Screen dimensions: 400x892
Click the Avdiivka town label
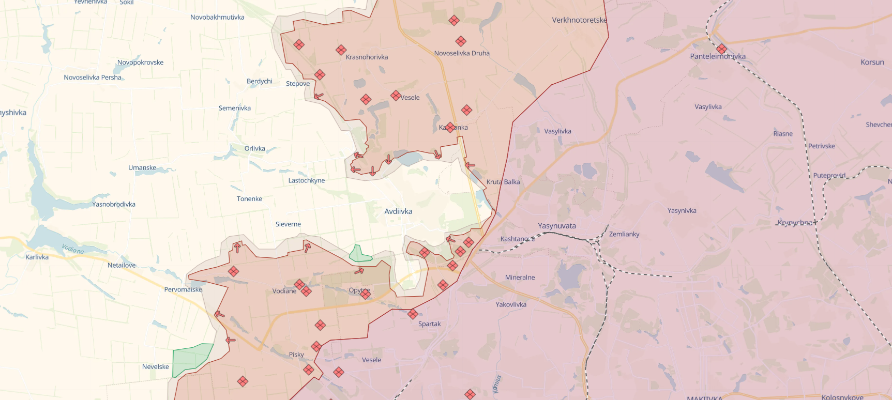coord(398,211)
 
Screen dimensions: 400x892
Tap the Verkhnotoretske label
coord(579,20)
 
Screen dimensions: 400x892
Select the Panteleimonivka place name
coord(718,56)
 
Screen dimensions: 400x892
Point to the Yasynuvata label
coord(556,226)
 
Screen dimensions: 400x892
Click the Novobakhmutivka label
coord(217,18)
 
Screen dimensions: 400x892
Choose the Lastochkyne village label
coord(307,180)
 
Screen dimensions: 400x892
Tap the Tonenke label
coord(249,199)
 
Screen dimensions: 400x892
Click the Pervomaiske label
coord(183,289)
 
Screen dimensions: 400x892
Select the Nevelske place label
coord(156,367)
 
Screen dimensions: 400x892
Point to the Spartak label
coord(429,324)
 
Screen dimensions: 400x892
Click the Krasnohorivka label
coord(367,57)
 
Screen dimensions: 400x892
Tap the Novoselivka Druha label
coord(462,53)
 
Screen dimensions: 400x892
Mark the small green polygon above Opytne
coord(359,254)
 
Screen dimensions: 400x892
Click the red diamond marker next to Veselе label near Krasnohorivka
coord(396,96)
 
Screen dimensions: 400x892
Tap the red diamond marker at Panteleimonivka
coord(722,49)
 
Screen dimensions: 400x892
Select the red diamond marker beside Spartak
coord(413,314)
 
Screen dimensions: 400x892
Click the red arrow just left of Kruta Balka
coord(470,165)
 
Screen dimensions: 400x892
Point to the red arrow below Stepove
coord(319,96)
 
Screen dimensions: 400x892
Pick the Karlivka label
coord(37,257)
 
